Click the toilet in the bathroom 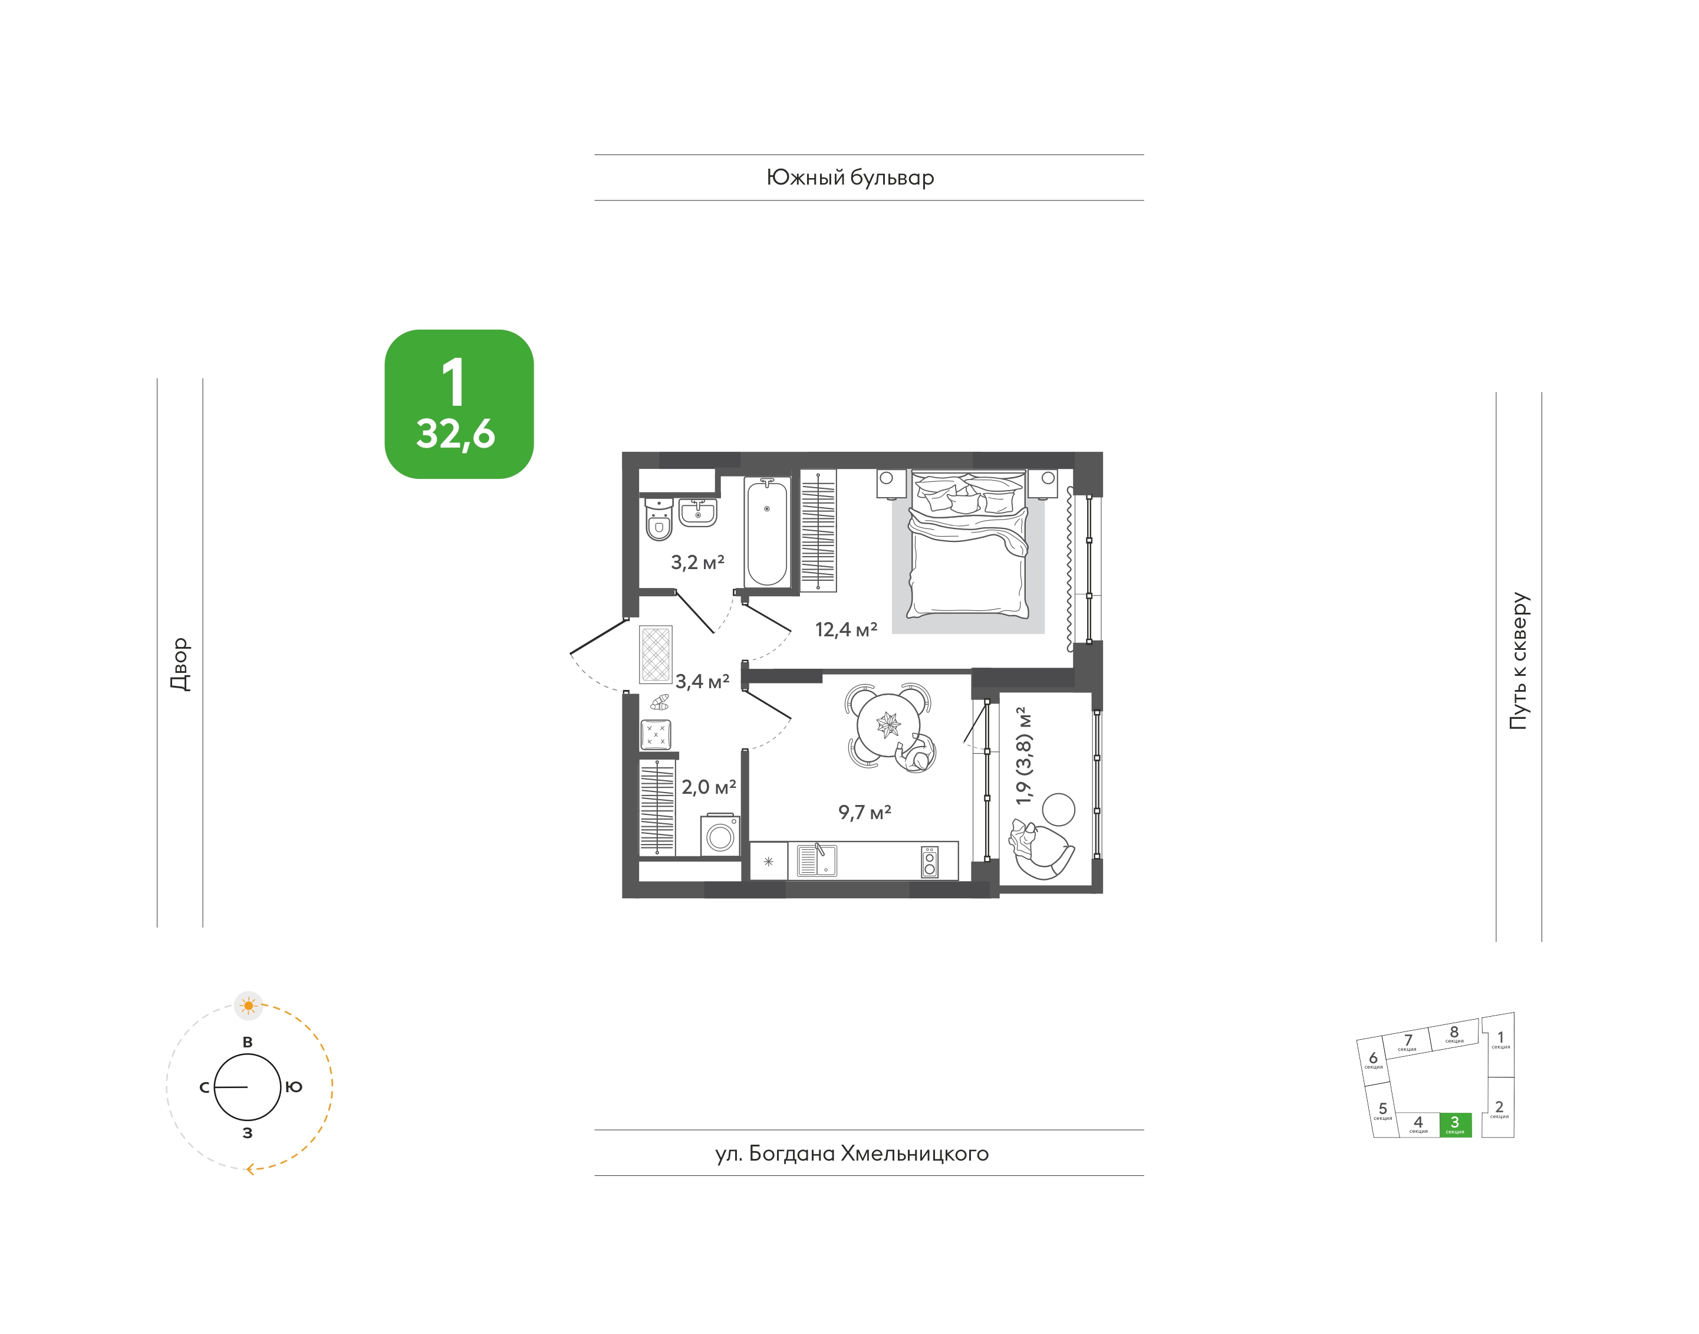pyautogui.click(x=659, y=520)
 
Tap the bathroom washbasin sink pyautogui.click(x=697, y=512)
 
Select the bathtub pyautogui.click(x=767, y=531)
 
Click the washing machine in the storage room pyautogui.click(x=720, y=835)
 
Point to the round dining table pyautogui.click(x=888, y=725)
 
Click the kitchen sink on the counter pyautogui.click(x=816, y=860)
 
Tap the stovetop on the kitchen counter pyautogui.click(x=929, y=862)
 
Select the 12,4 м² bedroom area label pyautogui.click(x=845, y=629)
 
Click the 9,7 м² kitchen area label pyautogui.click(x=864, y=811)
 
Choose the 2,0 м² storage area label pyautogui.click(x=708, y=787)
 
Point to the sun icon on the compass pyautogui.click(x=248, y=1005)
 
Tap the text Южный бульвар pyautogui.click(x=849, y=178)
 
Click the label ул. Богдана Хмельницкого pyautogui.click(x=852, y=1154)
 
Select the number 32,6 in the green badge pyautogui.click(x=455, y=434)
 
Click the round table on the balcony pyautogui.click(x=1059, y=809)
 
